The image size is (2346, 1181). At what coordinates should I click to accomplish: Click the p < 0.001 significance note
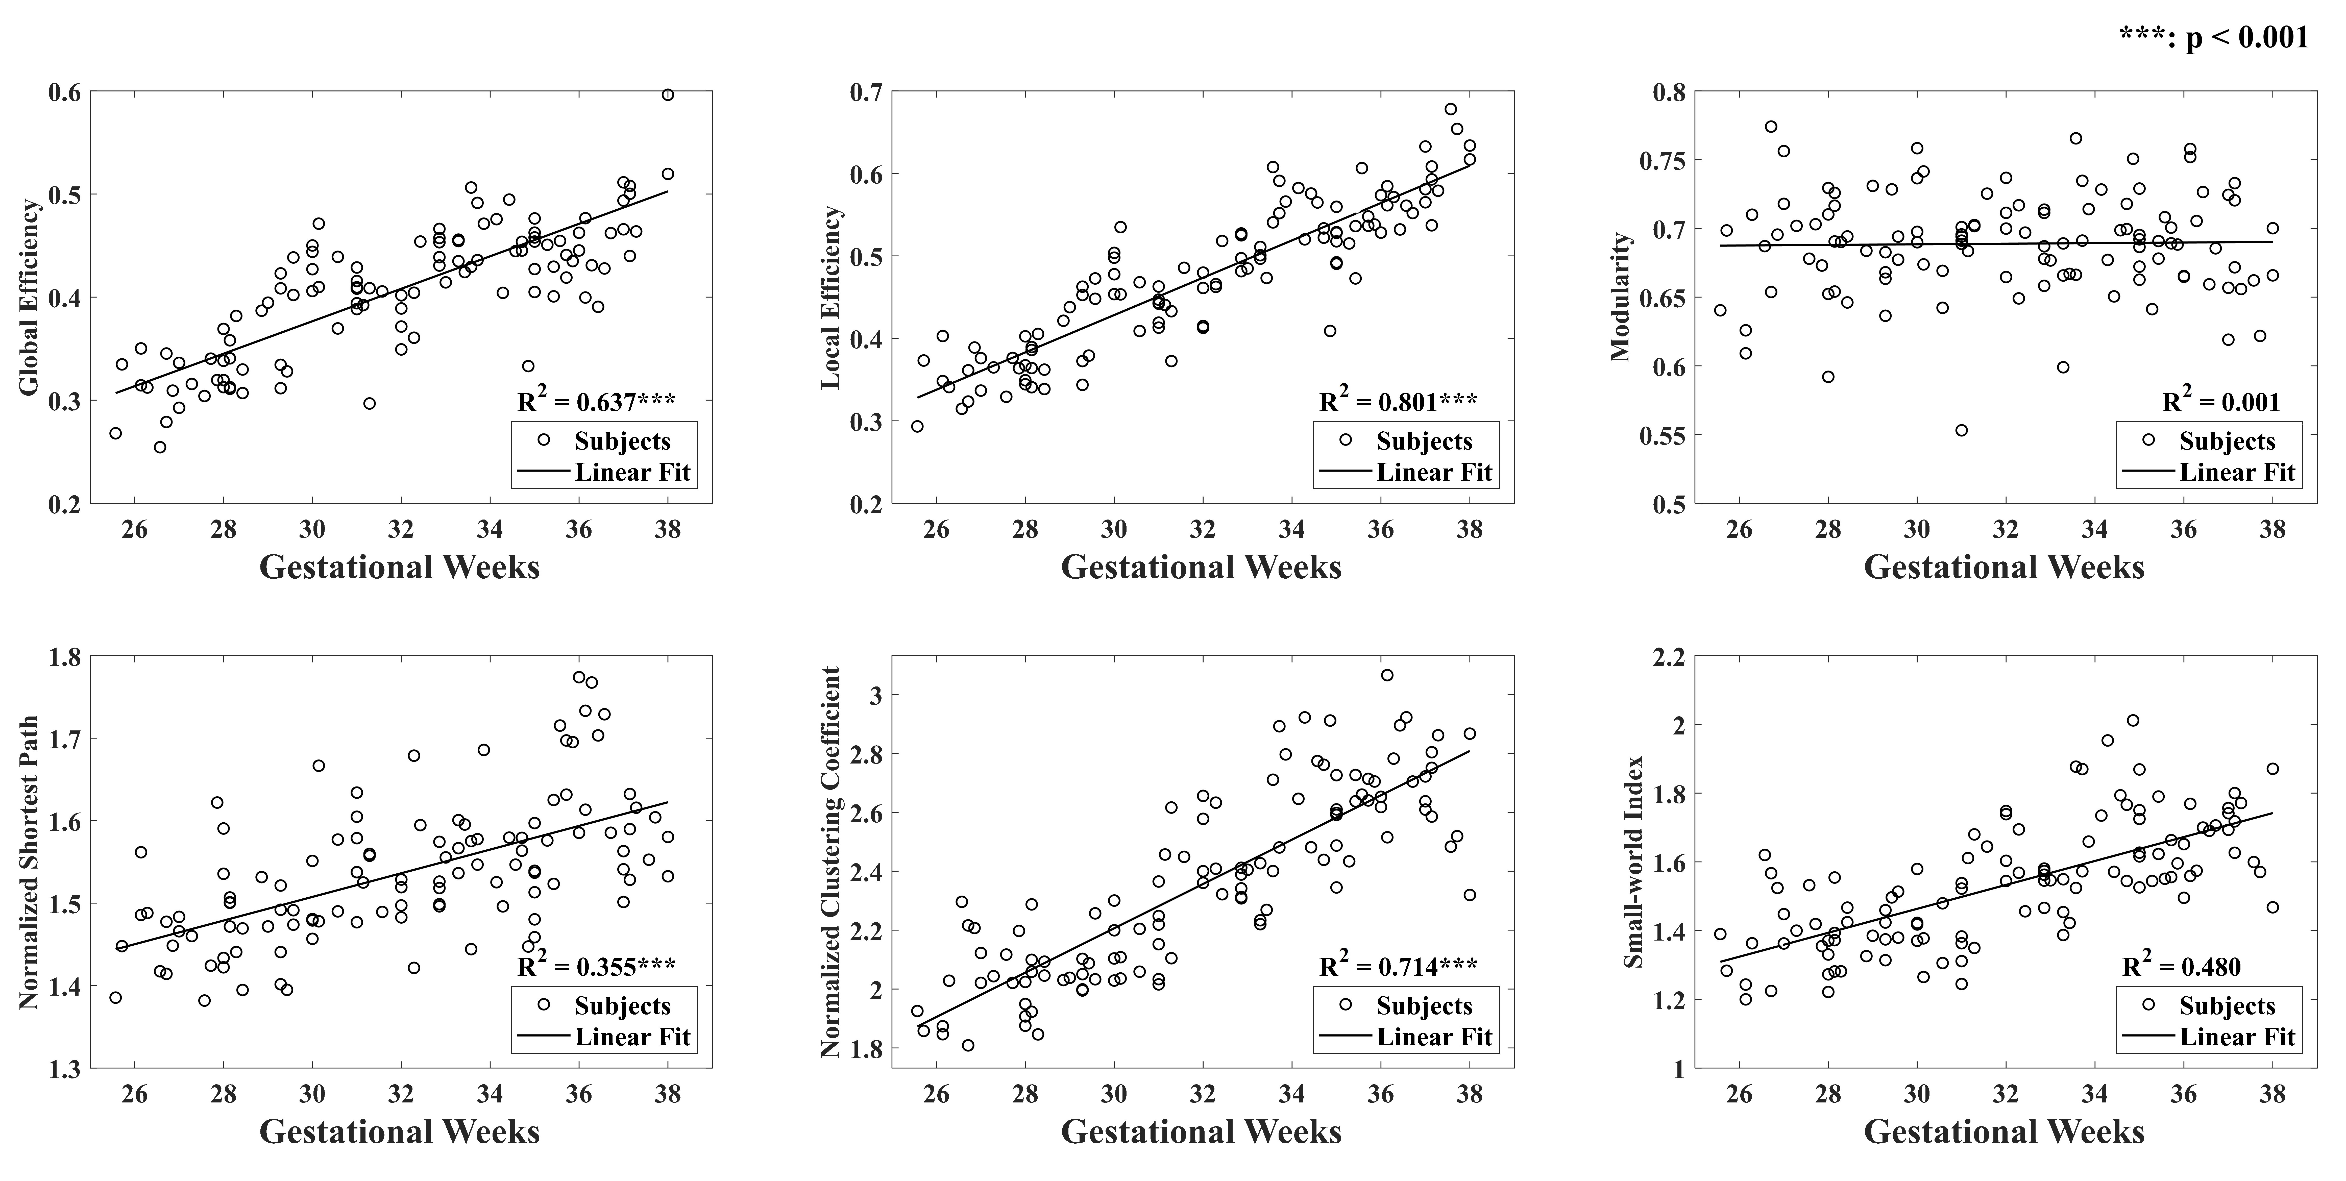tap(2213, 37)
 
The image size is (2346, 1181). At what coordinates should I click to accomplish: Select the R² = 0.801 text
tap(1399, 402)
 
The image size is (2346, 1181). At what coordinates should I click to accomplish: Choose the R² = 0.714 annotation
tap(1399, 966)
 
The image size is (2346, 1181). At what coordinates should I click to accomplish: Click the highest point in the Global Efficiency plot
tap(668, 95)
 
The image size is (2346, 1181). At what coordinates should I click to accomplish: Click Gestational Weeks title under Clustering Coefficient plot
tap(1201, 1132)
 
